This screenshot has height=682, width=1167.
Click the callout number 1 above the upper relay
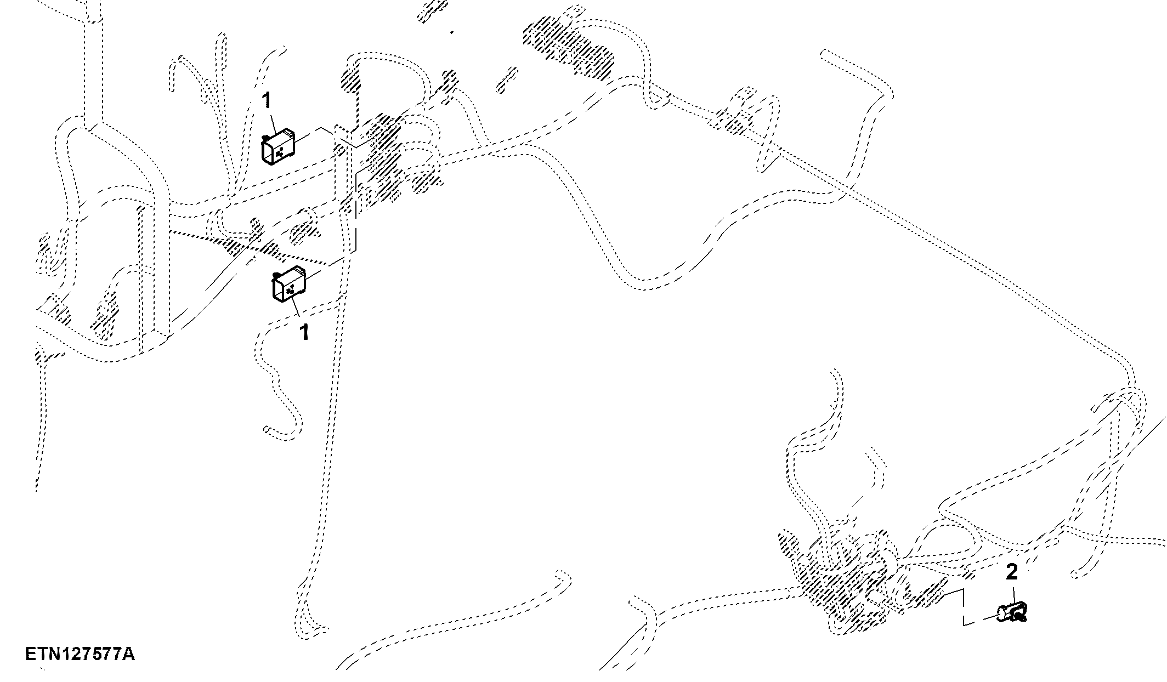(x=267, y=101)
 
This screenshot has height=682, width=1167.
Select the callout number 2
(x=1012, y=572)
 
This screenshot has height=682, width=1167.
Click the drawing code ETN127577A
(x=80, y=654)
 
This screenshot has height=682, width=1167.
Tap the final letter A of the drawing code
(x=128, y=654)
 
